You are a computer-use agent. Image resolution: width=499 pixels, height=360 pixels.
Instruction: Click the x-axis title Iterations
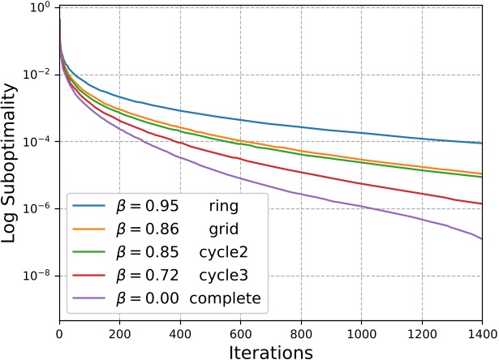click(x=270, y=351)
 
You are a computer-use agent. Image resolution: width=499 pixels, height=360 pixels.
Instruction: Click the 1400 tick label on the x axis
click(x=481, y=332)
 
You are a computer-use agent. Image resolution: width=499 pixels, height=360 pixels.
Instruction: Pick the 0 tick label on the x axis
click(x=59, y=332)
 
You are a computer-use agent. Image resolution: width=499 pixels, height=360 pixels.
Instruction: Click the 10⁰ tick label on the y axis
click(x=39, y=8)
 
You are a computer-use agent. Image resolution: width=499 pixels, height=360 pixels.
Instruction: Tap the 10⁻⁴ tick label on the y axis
click(x=39, y=142)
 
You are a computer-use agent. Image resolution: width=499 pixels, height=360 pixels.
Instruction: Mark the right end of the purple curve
click(x=482, y=238)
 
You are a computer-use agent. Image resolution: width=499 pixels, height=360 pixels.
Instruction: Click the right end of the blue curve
click(x=482, y=144)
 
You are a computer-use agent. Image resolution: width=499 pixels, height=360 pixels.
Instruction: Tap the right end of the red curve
click(x=482, y=204)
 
